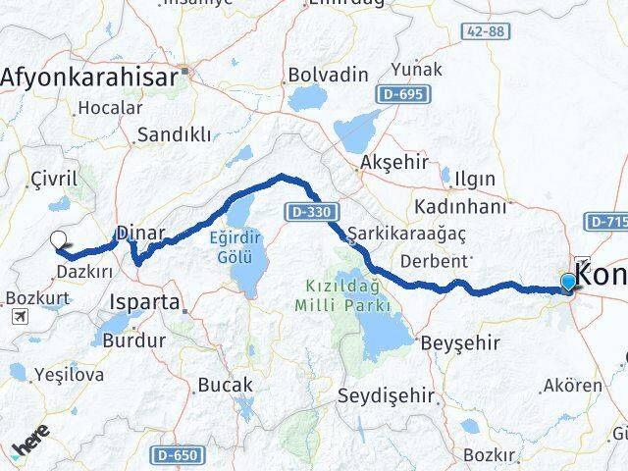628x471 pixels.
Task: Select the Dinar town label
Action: click(141, 233)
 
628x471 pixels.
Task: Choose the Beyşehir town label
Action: click(460, 343)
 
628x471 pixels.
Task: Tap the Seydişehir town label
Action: click(385, 395)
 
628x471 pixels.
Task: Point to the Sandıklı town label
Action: click(173, 134)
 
